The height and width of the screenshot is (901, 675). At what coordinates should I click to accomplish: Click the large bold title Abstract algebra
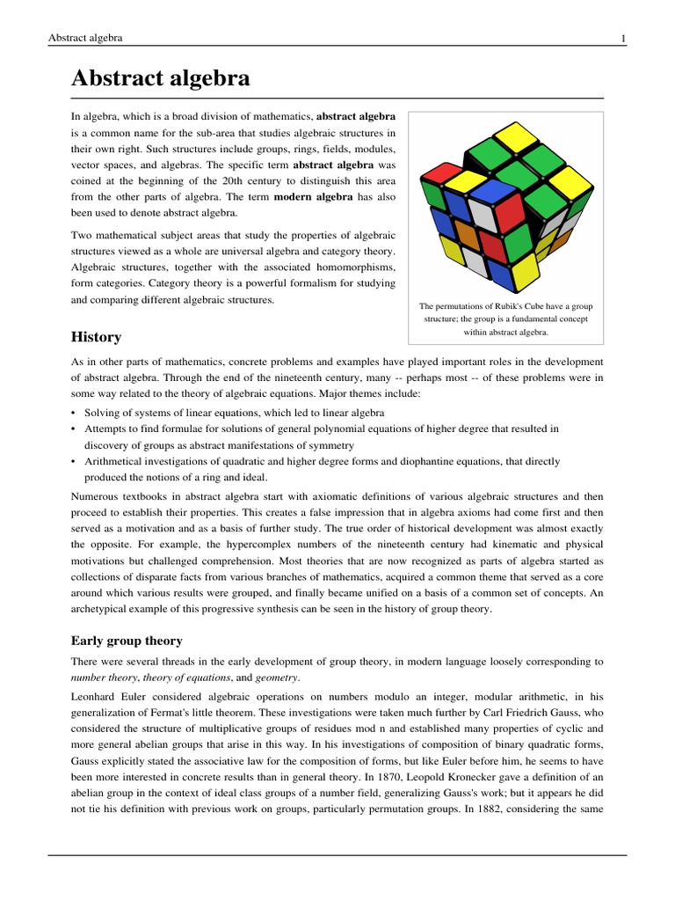click(160, 78)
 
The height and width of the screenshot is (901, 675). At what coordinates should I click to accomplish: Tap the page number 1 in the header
click(622, 38)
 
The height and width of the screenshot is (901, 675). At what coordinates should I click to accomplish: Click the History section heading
click(96, 337)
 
